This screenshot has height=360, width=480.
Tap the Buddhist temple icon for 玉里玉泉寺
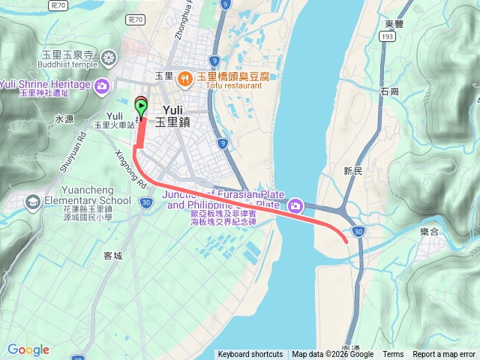pyautogui.click(x=109, y=58)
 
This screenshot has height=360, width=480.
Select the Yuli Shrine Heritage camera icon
pyautogui.click(x=102, y=85)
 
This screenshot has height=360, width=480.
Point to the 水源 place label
pyautogui.click(x=64, y=119)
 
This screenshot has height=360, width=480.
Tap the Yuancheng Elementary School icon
pyautogui.click(x=32, y=201)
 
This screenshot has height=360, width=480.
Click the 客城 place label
pyautogui.click(x=112, y=255)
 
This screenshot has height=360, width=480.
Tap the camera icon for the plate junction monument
pyautogui.click(x=295, y=205)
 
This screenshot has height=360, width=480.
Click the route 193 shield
pyautogui.click(x=387, y=36)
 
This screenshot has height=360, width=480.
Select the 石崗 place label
pyautogui.click(x=390, y=91)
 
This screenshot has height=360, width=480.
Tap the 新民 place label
pyautogui.click(x=352, y=171)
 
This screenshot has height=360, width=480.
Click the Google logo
pyautogui.click(x=28, y=349)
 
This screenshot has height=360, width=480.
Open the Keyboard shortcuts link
pyautogui.click(x=250, y=355)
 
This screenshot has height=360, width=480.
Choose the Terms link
pyautogui.click(x=393, y=355)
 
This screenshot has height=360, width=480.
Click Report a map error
pyautogui.click(x=445, y=355)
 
